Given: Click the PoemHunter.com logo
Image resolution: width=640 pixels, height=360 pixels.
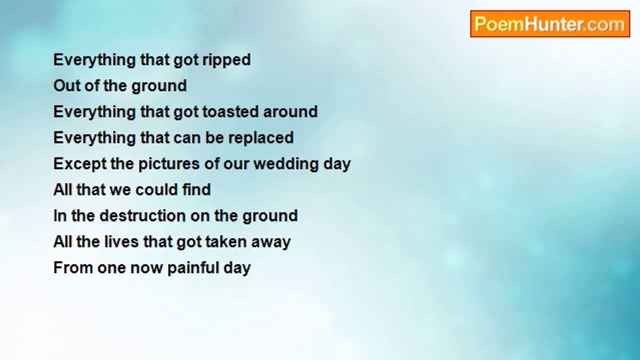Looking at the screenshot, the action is [550, 23].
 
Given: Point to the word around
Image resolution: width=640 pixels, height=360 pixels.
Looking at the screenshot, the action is [290, 111].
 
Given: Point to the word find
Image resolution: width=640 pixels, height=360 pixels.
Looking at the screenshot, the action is [196, 189].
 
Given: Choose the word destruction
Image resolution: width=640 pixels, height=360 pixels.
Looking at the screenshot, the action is [142, 215].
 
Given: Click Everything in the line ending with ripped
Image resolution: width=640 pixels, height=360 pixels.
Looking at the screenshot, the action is [94, 60].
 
